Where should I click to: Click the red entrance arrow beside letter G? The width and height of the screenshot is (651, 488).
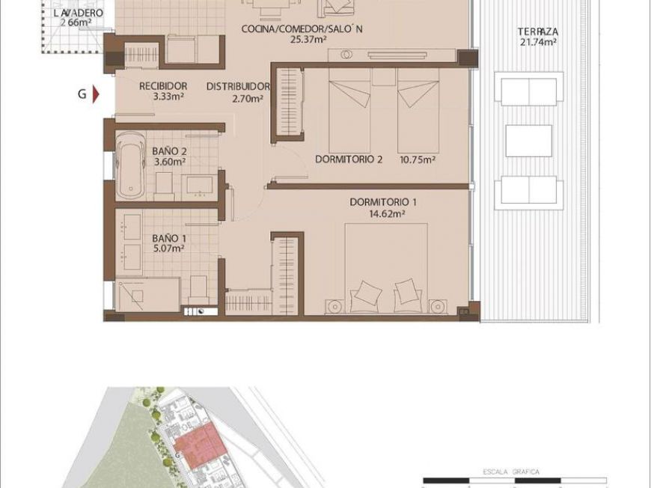[95, 94]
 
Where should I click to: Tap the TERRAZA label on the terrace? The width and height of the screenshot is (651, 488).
[537, 32]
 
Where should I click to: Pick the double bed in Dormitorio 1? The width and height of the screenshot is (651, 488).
[385, 269]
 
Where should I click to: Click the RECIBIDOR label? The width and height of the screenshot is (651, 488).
[162, 86]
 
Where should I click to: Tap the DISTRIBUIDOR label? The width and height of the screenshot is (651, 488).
[237, 86]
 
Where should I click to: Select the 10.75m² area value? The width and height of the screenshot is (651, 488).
[417, 159]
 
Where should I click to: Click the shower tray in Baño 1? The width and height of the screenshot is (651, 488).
[147, 295]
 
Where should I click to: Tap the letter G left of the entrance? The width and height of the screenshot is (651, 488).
[81, 94]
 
